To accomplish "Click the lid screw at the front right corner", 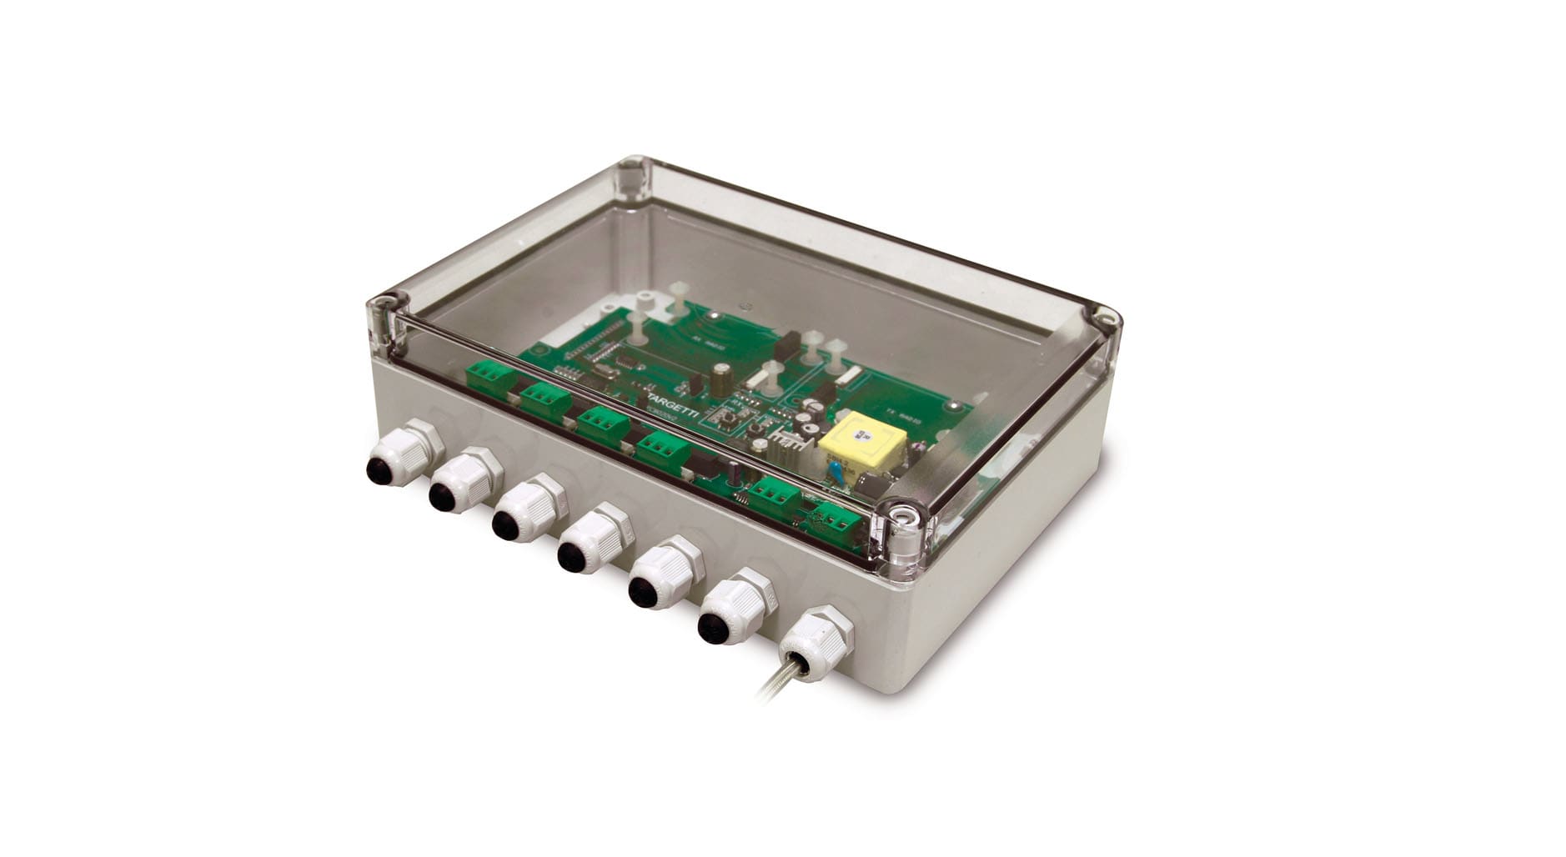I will [x=901, y=517].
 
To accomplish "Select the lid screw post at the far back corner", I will [x=634, y=174].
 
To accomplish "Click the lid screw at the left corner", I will [x=384, y=302].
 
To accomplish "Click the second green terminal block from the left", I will [x=546, y=398].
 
